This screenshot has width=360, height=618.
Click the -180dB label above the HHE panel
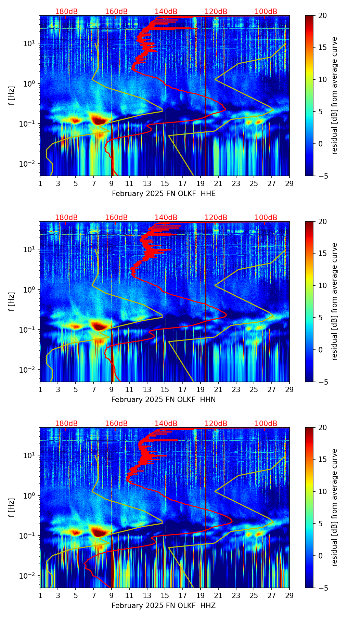click(x=65, y=12)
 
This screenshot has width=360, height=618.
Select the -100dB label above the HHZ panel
click(x=265, y=424)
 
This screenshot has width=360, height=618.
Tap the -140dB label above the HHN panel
click(x=165, y=218)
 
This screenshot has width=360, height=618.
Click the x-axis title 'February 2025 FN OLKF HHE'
click(x=164, y=194)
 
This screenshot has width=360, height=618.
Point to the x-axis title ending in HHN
click(x=164, y=400)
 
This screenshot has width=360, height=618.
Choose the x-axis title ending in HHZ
click(x=164, y=606)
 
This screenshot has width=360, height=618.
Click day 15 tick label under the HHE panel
click(x=165, y=183)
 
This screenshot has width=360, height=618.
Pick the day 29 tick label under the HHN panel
click(x=290, y=389)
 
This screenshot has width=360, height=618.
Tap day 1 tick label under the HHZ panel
click(x=40, y=595)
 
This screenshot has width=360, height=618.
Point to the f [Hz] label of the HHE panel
click(x=12, y=96)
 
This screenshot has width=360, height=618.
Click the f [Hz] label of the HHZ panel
click(x=12, y=508)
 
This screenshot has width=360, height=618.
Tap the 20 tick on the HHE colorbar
click(x=322, y=16)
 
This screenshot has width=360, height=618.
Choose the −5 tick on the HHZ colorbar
click(x=322, y=588)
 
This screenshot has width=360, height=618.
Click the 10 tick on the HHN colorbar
click(x=322, y=285)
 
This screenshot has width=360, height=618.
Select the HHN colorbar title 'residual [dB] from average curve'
click(x=334, y=301)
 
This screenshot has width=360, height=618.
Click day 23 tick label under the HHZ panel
click(x=236, y=595)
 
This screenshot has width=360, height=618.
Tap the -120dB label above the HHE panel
click(x=215, y=12)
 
